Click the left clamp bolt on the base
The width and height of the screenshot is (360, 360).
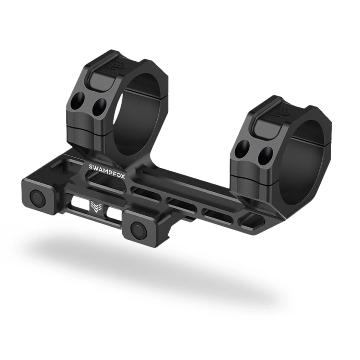pos(37,197)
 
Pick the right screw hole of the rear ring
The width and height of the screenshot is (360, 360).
pos(99,108)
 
